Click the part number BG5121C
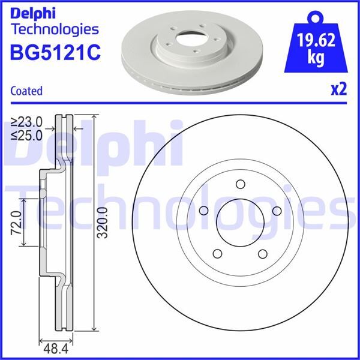[x=54, y=53]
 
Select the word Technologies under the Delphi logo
[x=54, y=28]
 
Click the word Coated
[x=26, y=91]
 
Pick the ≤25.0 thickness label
[x=26, y=135]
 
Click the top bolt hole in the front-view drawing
[x=239, y=184]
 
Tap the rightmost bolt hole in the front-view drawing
[x=277, y=211]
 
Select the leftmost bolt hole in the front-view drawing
[x=203, y=211]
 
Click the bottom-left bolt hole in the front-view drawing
[x=217, y=253]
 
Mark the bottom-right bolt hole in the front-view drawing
[x=263, y=253]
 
